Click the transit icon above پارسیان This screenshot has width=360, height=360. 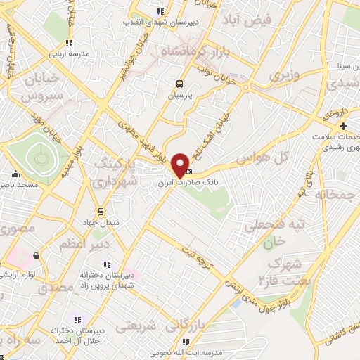(181, 82)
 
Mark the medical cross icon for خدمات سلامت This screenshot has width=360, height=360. (342, 126)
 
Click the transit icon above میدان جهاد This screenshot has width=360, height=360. (101, 211)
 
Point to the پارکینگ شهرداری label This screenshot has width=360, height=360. (112, 174)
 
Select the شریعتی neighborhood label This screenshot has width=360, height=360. (134, 327)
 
